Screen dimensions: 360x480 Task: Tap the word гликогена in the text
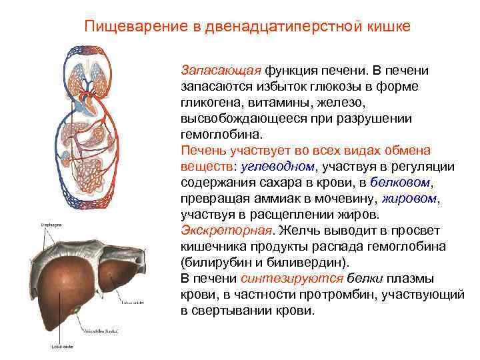click(x=208, y=103)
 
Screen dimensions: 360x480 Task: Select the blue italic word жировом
click(x=410, y=199)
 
